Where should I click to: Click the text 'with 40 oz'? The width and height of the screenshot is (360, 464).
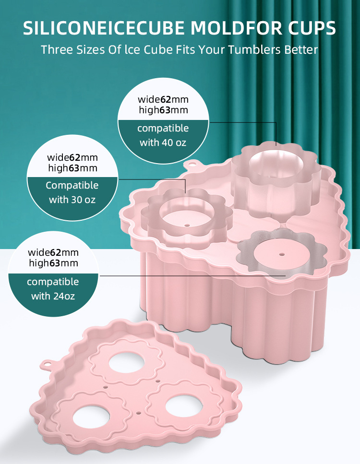pyautogui.click(x=163, y=143)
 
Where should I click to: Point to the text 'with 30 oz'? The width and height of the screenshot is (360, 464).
pyautogui.click(x=72, y=200)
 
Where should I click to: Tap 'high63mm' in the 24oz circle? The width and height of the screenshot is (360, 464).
pyautogui.click(x=53, y=263)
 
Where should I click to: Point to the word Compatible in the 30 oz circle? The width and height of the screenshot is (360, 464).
pyautogui.click(x=72, y=185)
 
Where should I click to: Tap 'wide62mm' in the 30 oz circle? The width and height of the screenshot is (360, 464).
pyautogui.click(x=72, y=157)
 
